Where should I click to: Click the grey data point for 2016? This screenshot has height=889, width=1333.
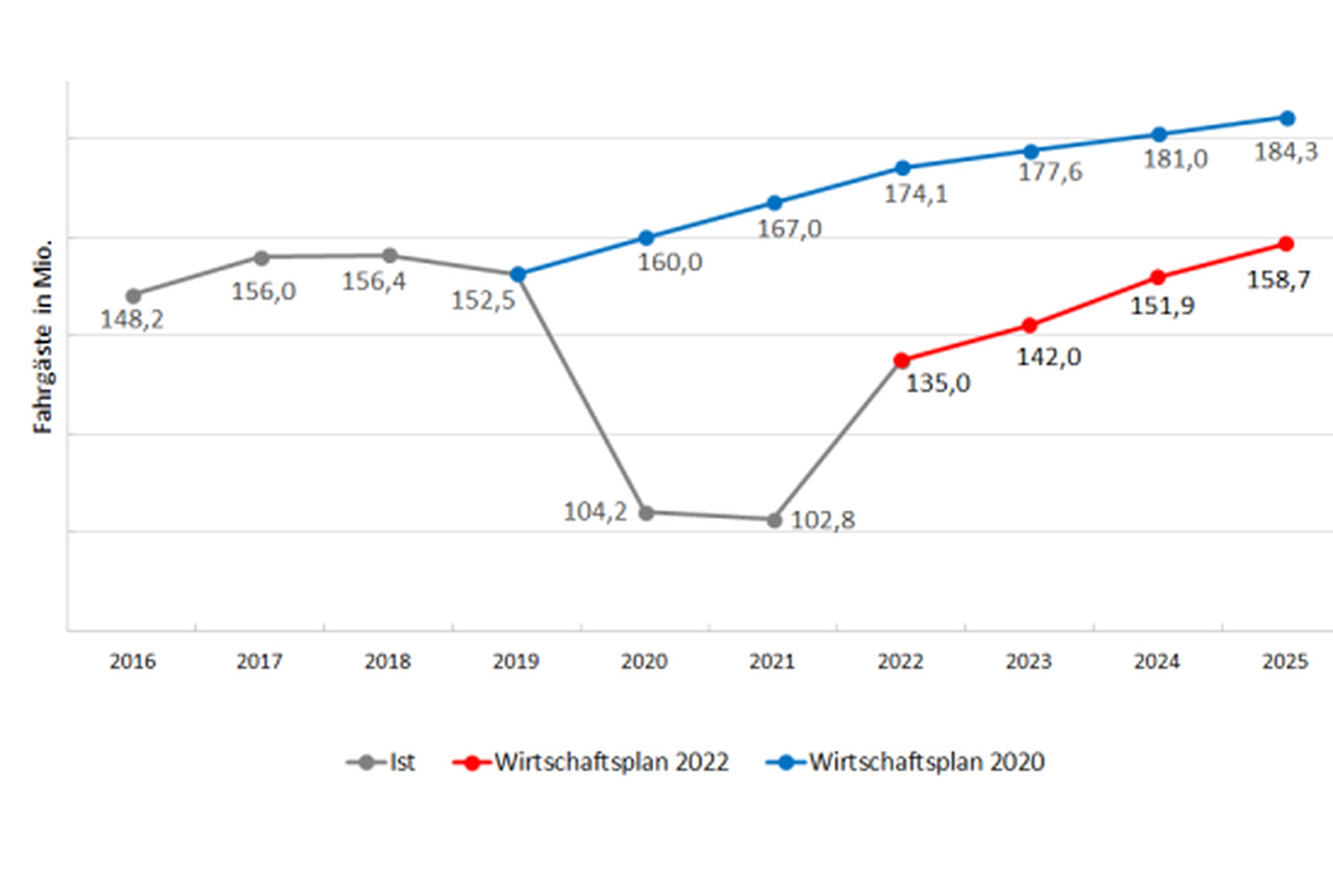[x=133, y=296]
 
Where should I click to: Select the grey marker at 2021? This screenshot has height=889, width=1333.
[x=774, y=520]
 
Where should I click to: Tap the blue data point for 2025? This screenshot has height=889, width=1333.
[x=1287, y=119]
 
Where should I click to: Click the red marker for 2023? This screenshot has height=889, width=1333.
[x=1030, y=325]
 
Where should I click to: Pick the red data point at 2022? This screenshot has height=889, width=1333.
[x=902, y=360]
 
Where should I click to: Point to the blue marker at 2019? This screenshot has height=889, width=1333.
[x=518, y=274]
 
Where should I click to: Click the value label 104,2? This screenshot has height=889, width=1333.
[x=595, y=512]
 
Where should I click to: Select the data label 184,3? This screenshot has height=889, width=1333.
[x=1286, y=152]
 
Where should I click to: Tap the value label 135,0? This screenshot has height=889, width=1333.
[x=938, y=383]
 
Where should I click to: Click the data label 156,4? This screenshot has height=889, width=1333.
[x=374, y=282]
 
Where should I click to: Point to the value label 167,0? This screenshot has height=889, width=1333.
[x=790, y=229]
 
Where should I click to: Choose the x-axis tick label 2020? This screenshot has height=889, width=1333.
[x=644, y=661]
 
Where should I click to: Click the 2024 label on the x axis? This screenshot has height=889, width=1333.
[x=1157, y=661]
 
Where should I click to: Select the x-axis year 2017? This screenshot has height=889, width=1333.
[x=259, y=661]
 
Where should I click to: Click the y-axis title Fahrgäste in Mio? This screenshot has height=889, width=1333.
[x=43, y=337]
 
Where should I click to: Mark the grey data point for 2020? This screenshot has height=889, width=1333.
[x=646, y=513]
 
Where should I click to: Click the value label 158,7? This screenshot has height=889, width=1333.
[x=1278, y=280]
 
